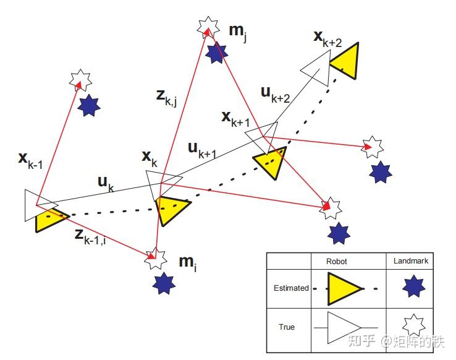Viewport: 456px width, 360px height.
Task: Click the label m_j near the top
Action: [238, 33]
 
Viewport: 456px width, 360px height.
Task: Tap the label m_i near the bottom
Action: [188, 264]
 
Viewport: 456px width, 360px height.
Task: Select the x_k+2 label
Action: [327, 39]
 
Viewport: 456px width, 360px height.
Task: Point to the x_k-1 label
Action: [30, 161]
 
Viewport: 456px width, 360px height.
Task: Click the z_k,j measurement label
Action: [166, 98]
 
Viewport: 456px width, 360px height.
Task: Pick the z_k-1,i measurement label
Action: [90, 237]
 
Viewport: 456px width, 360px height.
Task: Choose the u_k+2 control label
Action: [276, 95]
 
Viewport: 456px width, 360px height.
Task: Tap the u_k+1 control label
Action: [203, 150]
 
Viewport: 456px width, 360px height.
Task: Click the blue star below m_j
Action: [216, 53]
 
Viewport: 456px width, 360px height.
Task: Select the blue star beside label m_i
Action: [164, 283]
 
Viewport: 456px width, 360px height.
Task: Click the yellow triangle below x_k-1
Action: [49, 219]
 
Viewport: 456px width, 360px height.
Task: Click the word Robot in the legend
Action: [337, 262]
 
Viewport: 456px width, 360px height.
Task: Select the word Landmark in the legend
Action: [411, 261]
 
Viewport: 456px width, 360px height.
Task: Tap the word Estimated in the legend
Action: [291, 288]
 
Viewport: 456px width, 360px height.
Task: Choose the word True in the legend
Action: [287, 327]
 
